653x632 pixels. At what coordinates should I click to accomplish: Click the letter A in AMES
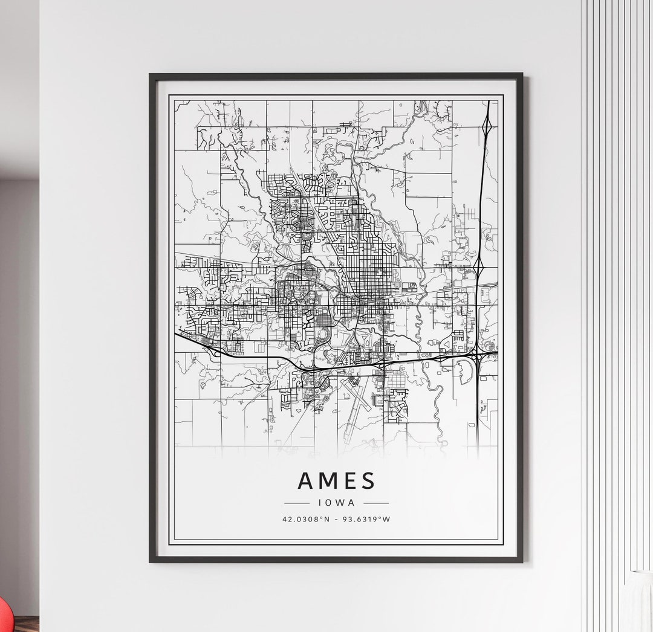(306, 480)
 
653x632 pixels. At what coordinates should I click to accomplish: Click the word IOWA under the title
(336, 501)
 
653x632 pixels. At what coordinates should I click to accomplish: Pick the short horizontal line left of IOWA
(297, 502)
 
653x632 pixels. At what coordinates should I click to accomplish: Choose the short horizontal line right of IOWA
(376, 502)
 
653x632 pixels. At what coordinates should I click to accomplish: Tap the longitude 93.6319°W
(366, 518)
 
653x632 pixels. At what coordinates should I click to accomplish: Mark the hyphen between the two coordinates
(336, 518)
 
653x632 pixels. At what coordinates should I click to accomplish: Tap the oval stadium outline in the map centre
(322, 334)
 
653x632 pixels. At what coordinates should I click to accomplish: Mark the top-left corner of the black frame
(151, 75)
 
